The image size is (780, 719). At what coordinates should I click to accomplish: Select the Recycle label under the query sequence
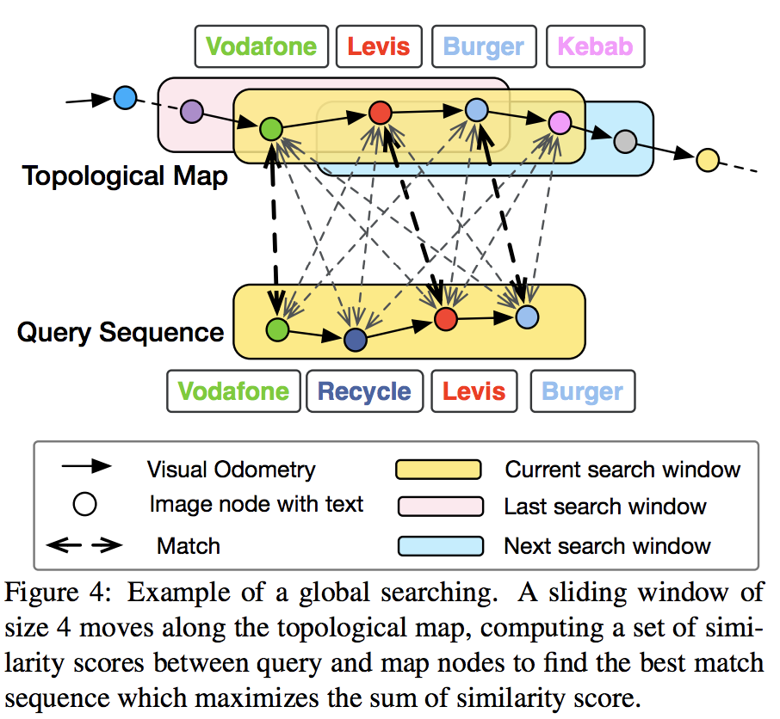point(364,391)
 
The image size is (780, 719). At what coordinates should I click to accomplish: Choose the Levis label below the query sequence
point(474,391)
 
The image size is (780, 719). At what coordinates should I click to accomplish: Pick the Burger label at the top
point(484,46)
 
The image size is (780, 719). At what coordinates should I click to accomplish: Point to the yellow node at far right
point(707,159)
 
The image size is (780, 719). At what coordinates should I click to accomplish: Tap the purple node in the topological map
point(192,111)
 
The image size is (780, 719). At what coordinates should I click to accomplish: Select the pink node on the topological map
point(560,123)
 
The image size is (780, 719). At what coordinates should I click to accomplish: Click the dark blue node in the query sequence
point(355,340)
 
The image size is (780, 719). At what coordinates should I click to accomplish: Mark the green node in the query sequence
point(277,329)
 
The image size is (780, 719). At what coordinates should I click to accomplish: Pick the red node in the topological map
point(381,113)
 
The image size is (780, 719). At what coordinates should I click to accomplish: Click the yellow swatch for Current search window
point(438,470)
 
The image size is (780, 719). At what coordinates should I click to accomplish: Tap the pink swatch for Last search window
point(438,507)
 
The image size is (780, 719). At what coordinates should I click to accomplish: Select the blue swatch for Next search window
point(438,545)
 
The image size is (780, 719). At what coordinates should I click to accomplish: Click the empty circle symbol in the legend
point(84,505)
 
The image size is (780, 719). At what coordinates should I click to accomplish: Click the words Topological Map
point(125,176)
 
